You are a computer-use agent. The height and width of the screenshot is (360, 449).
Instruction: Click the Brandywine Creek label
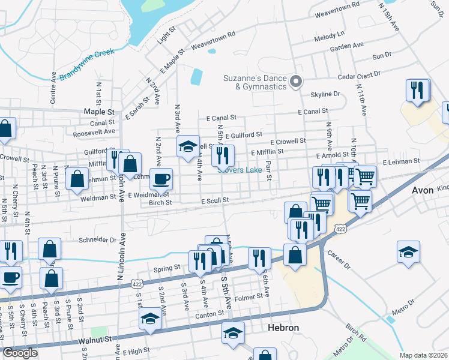(86, 64)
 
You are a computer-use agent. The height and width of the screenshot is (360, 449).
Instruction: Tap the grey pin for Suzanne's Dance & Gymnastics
(295, 82)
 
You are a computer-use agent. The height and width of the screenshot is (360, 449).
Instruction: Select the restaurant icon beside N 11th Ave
(418, 91)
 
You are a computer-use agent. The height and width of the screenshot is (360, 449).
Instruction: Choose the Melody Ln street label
(330, 37)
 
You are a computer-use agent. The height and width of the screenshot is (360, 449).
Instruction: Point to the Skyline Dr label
(325, 94)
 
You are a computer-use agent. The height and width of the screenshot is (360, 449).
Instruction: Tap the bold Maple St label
(99, 112)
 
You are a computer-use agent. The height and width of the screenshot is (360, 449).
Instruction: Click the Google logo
(20, 353)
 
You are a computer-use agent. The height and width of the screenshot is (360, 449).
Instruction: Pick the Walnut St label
(95, 339)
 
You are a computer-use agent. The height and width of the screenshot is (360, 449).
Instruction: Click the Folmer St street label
(249, 296)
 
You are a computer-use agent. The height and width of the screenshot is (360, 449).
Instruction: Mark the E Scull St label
(215, 200)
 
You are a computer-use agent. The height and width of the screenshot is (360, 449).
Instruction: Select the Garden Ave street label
(347, 46)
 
